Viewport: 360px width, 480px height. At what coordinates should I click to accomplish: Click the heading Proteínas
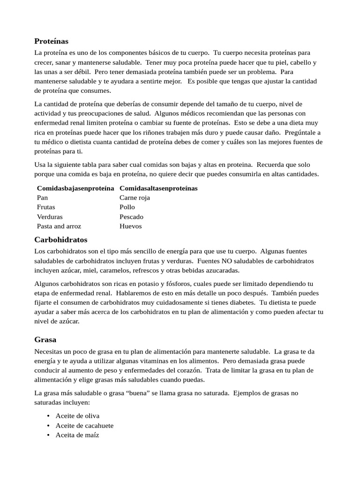pos(51,41)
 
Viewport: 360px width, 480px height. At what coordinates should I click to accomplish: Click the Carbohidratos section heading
pos(60,240)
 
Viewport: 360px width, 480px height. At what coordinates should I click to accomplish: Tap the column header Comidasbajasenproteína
pos(75,188)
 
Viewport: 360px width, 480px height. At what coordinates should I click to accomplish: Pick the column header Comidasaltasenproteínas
pos(158,188)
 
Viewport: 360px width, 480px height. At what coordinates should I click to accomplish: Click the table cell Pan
pos(42,198)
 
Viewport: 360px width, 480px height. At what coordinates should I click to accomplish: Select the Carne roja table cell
pos(135,198)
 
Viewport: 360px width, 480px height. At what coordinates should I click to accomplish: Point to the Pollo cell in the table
pos(127,207)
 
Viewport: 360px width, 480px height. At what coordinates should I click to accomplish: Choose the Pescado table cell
pos(131,217)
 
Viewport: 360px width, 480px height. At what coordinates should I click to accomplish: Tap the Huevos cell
pos(130,226)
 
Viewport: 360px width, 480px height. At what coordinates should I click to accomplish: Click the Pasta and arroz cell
pos(59,226)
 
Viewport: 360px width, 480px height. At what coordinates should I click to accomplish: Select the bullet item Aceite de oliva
pos(77,416)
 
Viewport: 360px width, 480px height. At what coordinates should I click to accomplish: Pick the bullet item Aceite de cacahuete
pos(84,426)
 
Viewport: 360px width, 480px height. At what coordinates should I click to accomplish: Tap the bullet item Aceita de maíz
pos(77,435)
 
